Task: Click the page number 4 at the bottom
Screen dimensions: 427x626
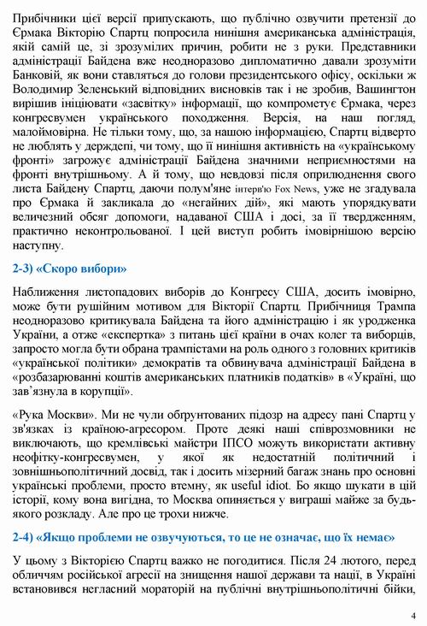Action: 412,615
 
